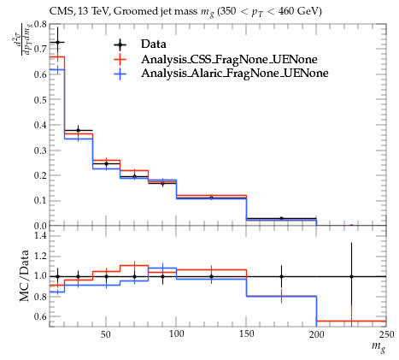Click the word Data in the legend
point(154,44)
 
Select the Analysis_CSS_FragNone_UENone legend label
point(229,59)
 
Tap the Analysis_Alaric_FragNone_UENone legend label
point(235,74)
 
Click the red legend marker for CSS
point(120,59)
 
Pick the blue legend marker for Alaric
point(120,74)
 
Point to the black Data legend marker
point(120,44)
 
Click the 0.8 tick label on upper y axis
point(40,24)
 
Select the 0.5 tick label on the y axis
point(40,100)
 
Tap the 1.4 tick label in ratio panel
point(40,235)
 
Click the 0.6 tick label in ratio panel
point(40,316)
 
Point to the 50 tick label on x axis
point(106,333)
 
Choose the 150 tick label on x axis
point(246,333)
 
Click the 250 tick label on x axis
point(386,333)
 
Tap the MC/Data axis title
point(25,276)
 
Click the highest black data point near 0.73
point(58,42)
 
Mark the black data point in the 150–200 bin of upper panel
point(281,219)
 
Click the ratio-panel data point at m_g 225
point(351,276)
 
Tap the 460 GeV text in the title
point(300,11)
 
